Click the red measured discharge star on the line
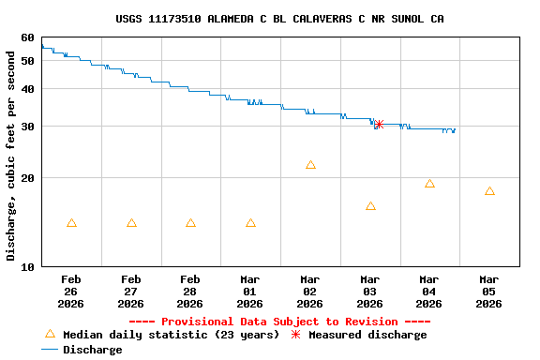[378, 124]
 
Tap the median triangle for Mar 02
[310, 165]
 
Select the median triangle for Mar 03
[370, 206]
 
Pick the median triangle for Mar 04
[429, 184]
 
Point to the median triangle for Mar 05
[489, 191]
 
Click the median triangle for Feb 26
[71, 223]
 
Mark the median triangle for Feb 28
[190, 223]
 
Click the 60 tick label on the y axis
[26, 37]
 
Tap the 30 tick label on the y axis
[26, 127]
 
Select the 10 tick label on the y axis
[26, 267]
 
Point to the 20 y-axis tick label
[26, 178]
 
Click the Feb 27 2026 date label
[130, 292]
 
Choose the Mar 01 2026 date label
[249, 292]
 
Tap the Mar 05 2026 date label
[488, 292]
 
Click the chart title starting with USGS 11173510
[279, 19]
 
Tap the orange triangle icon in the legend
[50, 334]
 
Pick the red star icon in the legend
[295, 335]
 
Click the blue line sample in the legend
[50, 350]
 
